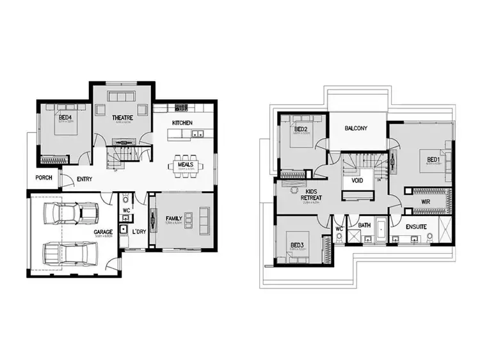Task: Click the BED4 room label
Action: coord(65,118)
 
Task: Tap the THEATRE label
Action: coord(122,118)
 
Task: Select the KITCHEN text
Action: coord(182,123)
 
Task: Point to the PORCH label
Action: coord(44,178)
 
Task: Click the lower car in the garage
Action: coord(67,253)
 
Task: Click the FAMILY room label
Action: coord(174,218)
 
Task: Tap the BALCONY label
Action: coord(356,128)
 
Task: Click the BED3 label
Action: coord(296,245)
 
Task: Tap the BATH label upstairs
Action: coord(365,225)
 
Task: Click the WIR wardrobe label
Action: coord(425,202)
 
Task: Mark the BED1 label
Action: coord(433,159)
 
